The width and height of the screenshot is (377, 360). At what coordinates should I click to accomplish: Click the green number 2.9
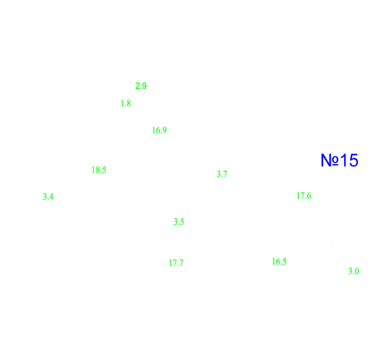tap(141, 86)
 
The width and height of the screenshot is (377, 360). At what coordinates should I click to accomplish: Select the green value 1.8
tap(125, 104)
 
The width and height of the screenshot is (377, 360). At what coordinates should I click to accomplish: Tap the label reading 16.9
tap(159, 130)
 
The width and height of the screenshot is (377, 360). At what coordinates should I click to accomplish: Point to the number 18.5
tap(99, 170)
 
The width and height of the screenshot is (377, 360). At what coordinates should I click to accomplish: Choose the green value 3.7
tap(222, 174)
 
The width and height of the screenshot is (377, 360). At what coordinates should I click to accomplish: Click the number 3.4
tap(48, 197)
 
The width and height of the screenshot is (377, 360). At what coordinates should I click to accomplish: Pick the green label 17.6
tap(304, 196)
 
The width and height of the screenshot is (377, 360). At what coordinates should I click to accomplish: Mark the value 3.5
tap(178, 222)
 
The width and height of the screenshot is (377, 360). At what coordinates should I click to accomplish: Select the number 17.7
tap(176, 263)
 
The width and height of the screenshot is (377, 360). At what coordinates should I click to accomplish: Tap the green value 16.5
tap(279, 262)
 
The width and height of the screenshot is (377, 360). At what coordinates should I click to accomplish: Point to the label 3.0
tap(353, 271)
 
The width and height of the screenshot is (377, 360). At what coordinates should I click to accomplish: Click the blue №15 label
tap(340, 160)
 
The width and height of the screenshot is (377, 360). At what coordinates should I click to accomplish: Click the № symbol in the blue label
tap(330, 160)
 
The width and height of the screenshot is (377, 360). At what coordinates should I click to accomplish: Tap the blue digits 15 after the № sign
tap(349, 160)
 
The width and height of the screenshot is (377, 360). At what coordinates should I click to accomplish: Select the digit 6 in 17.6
tap(309, 196)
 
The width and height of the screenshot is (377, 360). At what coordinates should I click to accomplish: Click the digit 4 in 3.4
tap(51, 197)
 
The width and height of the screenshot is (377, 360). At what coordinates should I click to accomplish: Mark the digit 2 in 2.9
tap(137, 86)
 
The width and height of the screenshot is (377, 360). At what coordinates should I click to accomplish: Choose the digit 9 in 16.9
tap(165, 130)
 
